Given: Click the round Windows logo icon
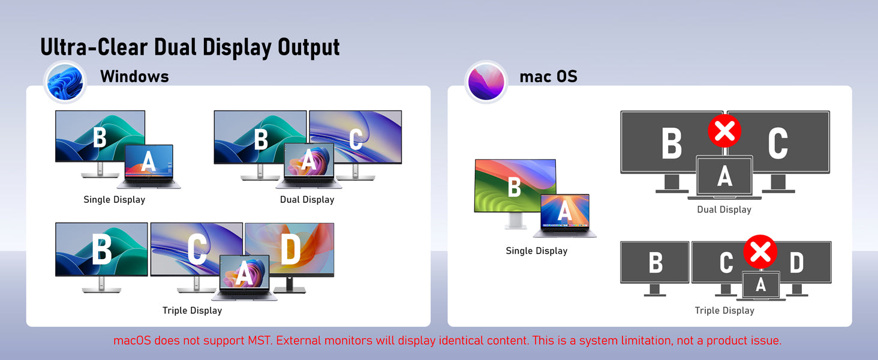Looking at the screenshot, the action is click(65, 82).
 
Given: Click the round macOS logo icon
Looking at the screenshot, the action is click(486, 82).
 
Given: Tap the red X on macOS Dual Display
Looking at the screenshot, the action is click(724, 131).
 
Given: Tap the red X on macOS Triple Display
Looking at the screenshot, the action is click(760, 251).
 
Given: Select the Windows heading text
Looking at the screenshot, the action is click(134, 76).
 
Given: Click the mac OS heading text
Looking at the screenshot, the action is click(548, 76).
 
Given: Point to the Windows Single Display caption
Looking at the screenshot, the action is click(114, 200).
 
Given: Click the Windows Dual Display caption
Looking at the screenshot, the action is click(307, 200).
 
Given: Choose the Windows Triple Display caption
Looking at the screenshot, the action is click(192, 311).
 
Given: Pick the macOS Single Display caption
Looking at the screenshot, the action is click(537, 251).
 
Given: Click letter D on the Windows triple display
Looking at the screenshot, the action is click(290, 250).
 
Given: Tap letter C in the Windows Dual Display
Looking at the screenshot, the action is click(356, 139).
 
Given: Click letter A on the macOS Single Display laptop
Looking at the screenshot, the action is click(564, 211).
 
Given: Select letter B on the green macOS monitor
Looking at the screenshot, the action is click(514, 187).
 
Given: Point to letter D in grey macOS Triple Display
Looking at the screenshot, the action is click(796, 262).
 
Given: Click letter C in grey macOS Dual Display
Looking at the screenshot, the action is click(778, 143).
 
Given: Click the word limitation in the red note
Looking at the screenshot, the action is click(657, 340).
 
